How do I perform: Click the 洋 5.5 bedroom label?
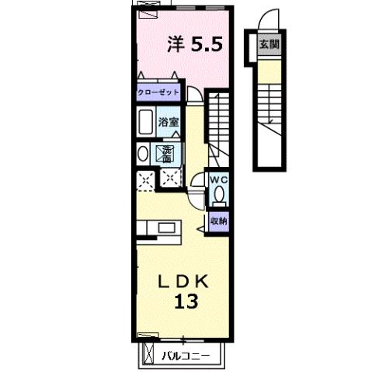[196, 44]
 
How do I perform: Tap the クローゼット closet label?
[158, 92]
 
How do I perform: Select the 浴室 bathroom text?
[169, 122]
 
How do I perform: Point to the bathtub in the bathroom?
[145, 122]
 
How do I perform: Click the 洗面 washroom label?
[168, 153]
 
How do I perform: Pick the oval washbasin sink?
[141, 154]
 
